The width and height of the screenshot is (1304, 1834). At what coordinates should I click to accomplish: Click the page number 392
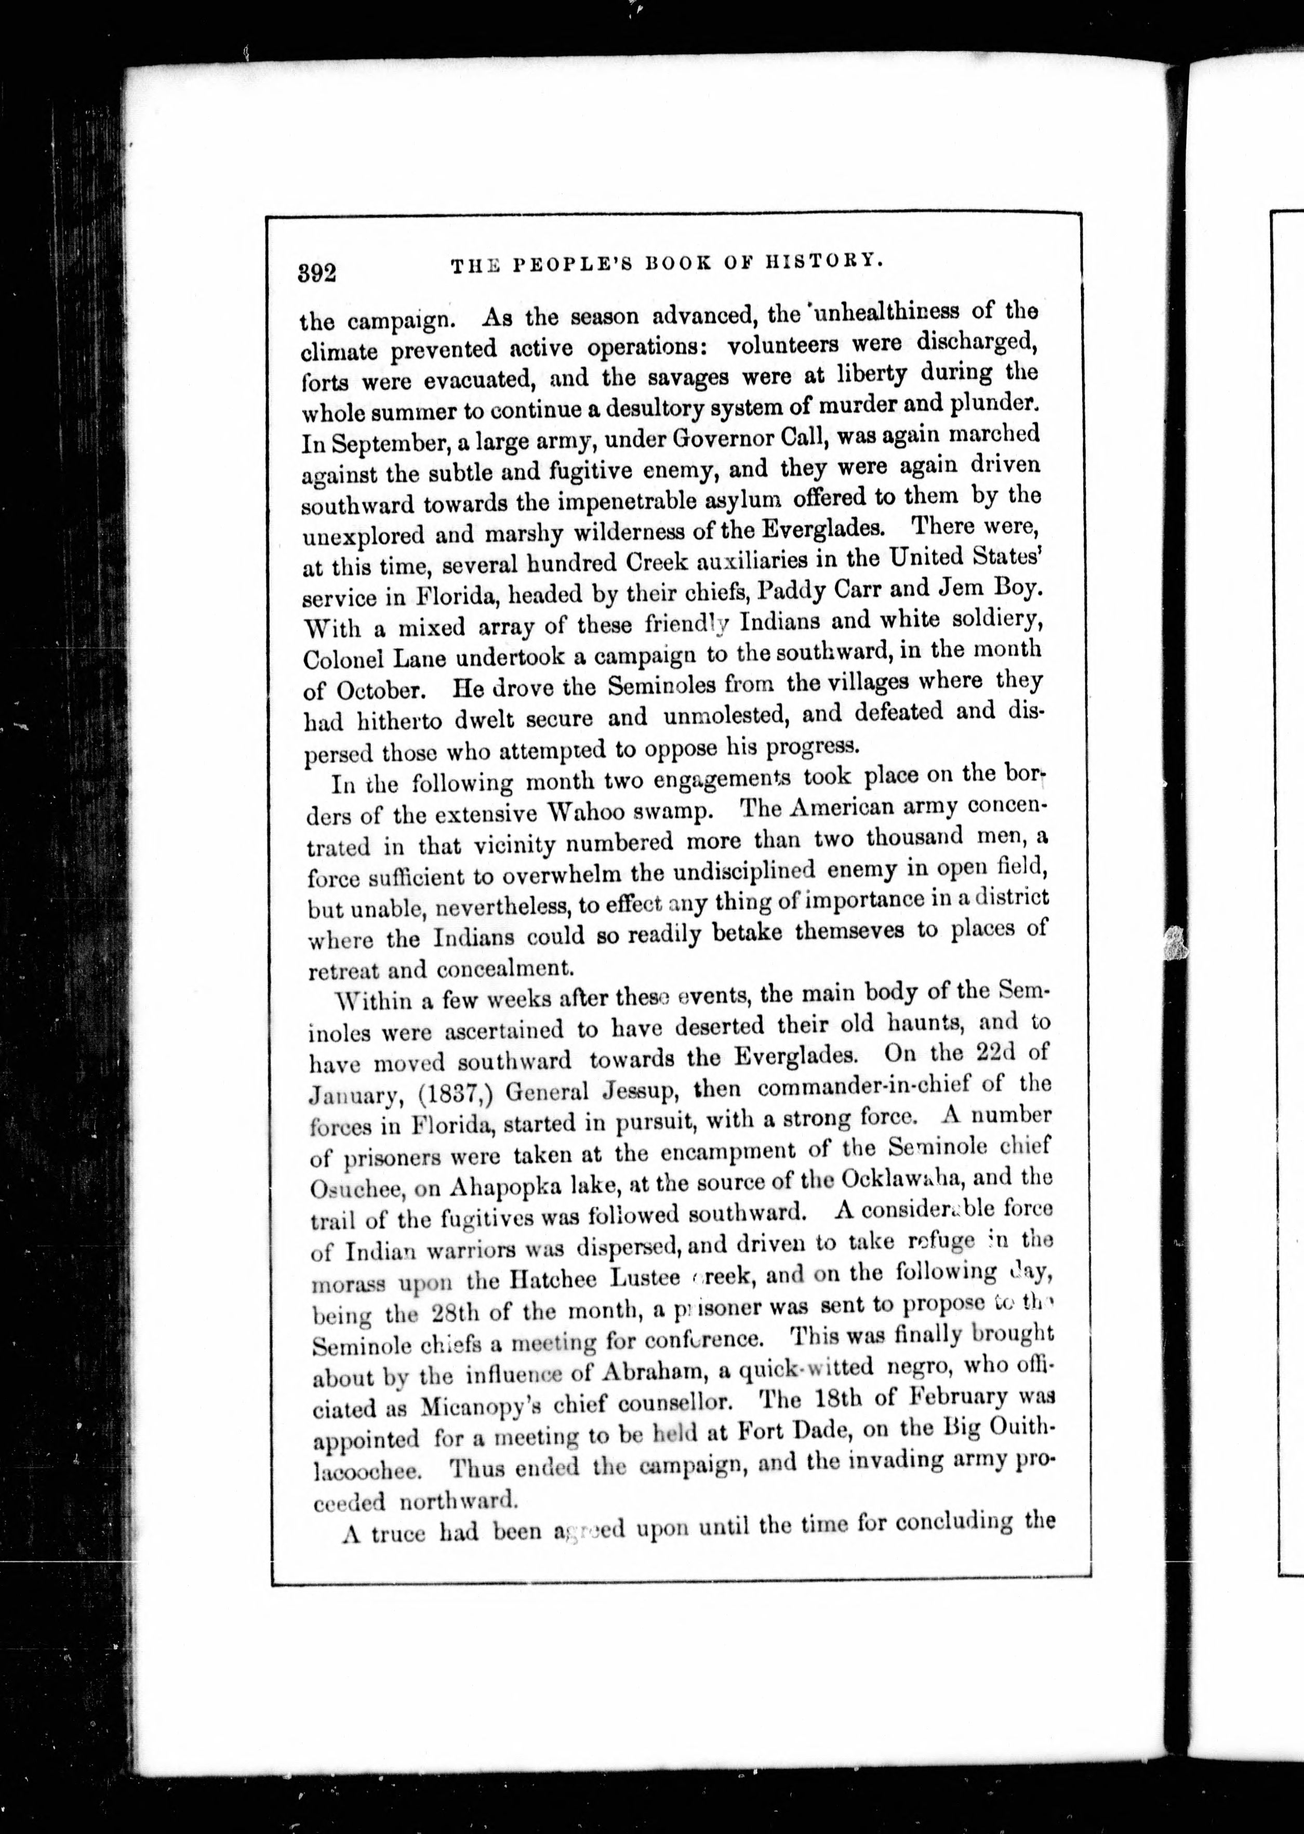pyautogui.click(x=317, y=273)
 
